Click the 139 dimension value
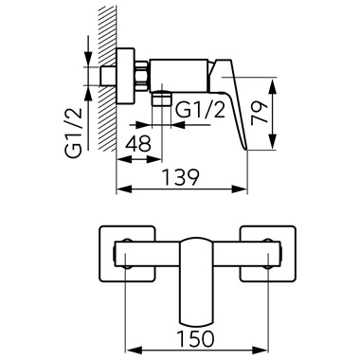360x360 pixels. coord(181,177)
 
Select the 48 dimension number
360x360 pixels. coord(138,144)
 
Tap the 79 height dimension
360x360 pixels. coord(259,113)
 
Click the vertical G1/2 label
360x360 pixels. coord(74,133)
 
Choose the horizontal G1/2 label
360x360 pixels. coord(200,110)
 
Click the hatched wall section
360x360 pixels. coord(107,79)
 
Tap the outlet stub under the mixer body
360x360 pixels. coord(161,98)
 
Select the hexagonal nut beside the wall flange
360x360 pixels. coord(142,77)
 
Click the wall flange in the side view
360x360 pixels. coord(126,76)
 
